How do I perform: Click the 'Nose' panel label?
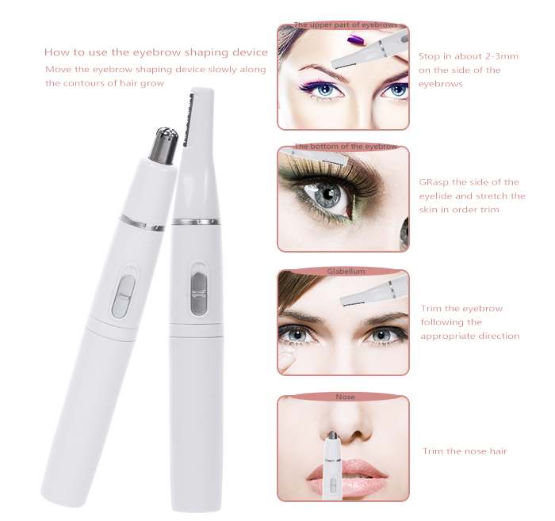click(x=345, y=397)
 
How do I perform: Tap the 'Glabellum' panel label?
click(x=346, y=271)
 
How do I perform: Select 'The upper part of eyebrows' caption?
click(x=346, y=25)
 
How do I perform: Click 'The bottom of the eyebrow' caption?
click(x=346, y=146)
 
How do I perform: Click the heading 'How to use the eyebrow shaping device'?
click(x=156, y=52)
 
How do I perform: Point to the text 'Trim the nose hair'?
click(x=464, y=451)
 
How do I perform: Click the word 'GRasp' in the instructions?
click(x=434, y=182)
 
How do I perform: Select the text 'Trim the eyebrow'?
click(x=461, y=309)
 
